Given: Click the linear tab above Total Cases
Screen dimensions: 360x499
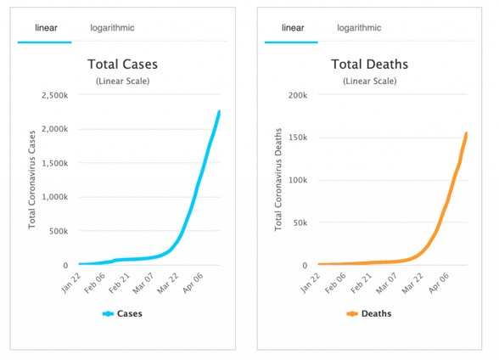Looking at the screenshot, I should point(46,28).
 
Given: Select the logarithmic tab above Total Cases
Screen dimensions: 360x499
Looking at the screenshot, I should point(112,28).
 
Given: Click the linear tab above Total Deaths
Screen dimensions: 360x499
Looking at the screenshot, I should point(293,28).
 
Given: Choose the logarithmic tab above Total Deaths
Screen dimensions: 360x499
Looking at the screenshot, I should point(359,28).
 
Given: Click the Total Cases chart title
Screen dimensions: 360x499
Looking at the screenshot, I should point(123,65).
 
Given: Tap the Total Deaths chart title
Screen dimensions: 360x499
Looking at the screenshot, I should point(369,65).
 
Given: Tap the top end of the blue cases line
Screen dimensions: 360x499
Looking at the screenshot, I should point(219,111).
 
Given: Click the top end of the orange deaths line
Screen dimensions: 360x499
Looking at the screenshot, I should point(467,133).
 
